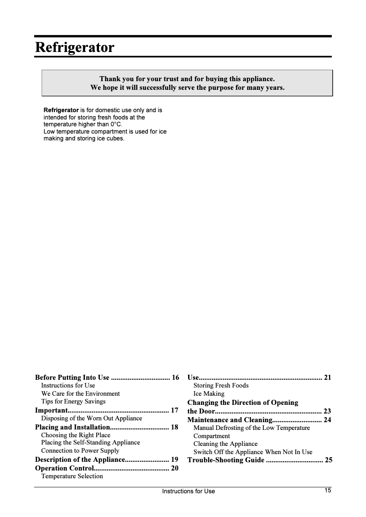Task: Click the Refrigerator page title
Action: [74, 47]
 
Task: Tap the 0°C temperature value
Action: [116, 124]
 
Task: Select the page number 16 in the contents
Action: [175, 377]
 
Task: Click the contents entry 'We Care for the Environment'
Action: [80, 393]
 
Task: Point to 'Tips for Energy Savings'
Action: [73, 401]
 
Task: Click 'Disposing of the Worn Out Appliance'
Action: [91, 418]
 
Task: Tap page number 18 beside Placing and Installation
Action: [174, 427]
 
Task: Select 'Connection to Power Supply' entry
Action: [80, 450]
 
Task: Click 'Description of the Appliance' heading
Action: [80, 460]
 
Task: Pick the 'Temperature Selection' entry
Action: [72, 476]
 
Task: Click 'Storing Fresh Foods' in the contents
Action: [221, 386]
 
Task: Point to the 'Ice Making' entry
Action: [209, 393]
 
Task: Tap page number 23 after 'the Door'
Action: [327, 411]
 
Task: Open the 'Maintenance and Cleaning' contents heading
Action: [230, 420]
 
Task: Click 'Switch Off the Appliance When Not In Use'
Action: [253, 452]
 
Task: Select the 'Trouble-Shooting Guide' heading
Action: [226, 460]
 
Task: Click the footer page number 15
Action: [328, 491]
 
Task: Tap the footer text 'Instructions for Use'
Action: [188, 491]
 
